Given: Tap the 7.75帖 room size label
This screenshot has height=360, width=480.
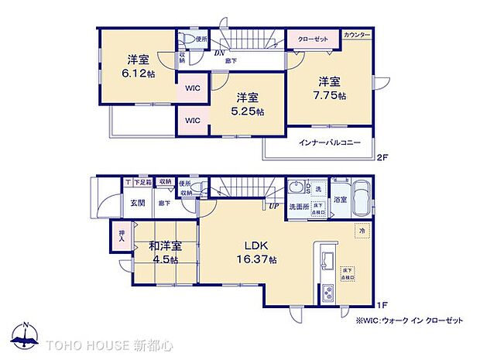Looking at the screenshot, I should pos(330,96).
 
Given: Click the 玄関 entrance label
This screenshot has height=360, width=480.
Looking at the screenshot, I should pos(137,203).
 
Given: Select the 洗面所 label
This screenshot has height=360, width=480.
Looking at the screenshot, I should pos(299,207).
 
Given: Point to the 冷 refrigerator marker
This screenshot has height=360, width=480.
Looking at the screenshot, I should pos(360,230).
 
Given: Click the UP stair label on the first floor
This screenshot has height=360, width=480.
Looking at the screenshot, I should pos(273,206).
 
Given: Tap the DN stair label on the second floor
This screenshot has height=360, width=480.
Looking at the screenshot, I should pos(220,53).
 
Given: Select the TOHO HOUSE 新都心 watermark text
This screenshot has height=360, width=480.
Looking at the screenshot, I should pos(100,341).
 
